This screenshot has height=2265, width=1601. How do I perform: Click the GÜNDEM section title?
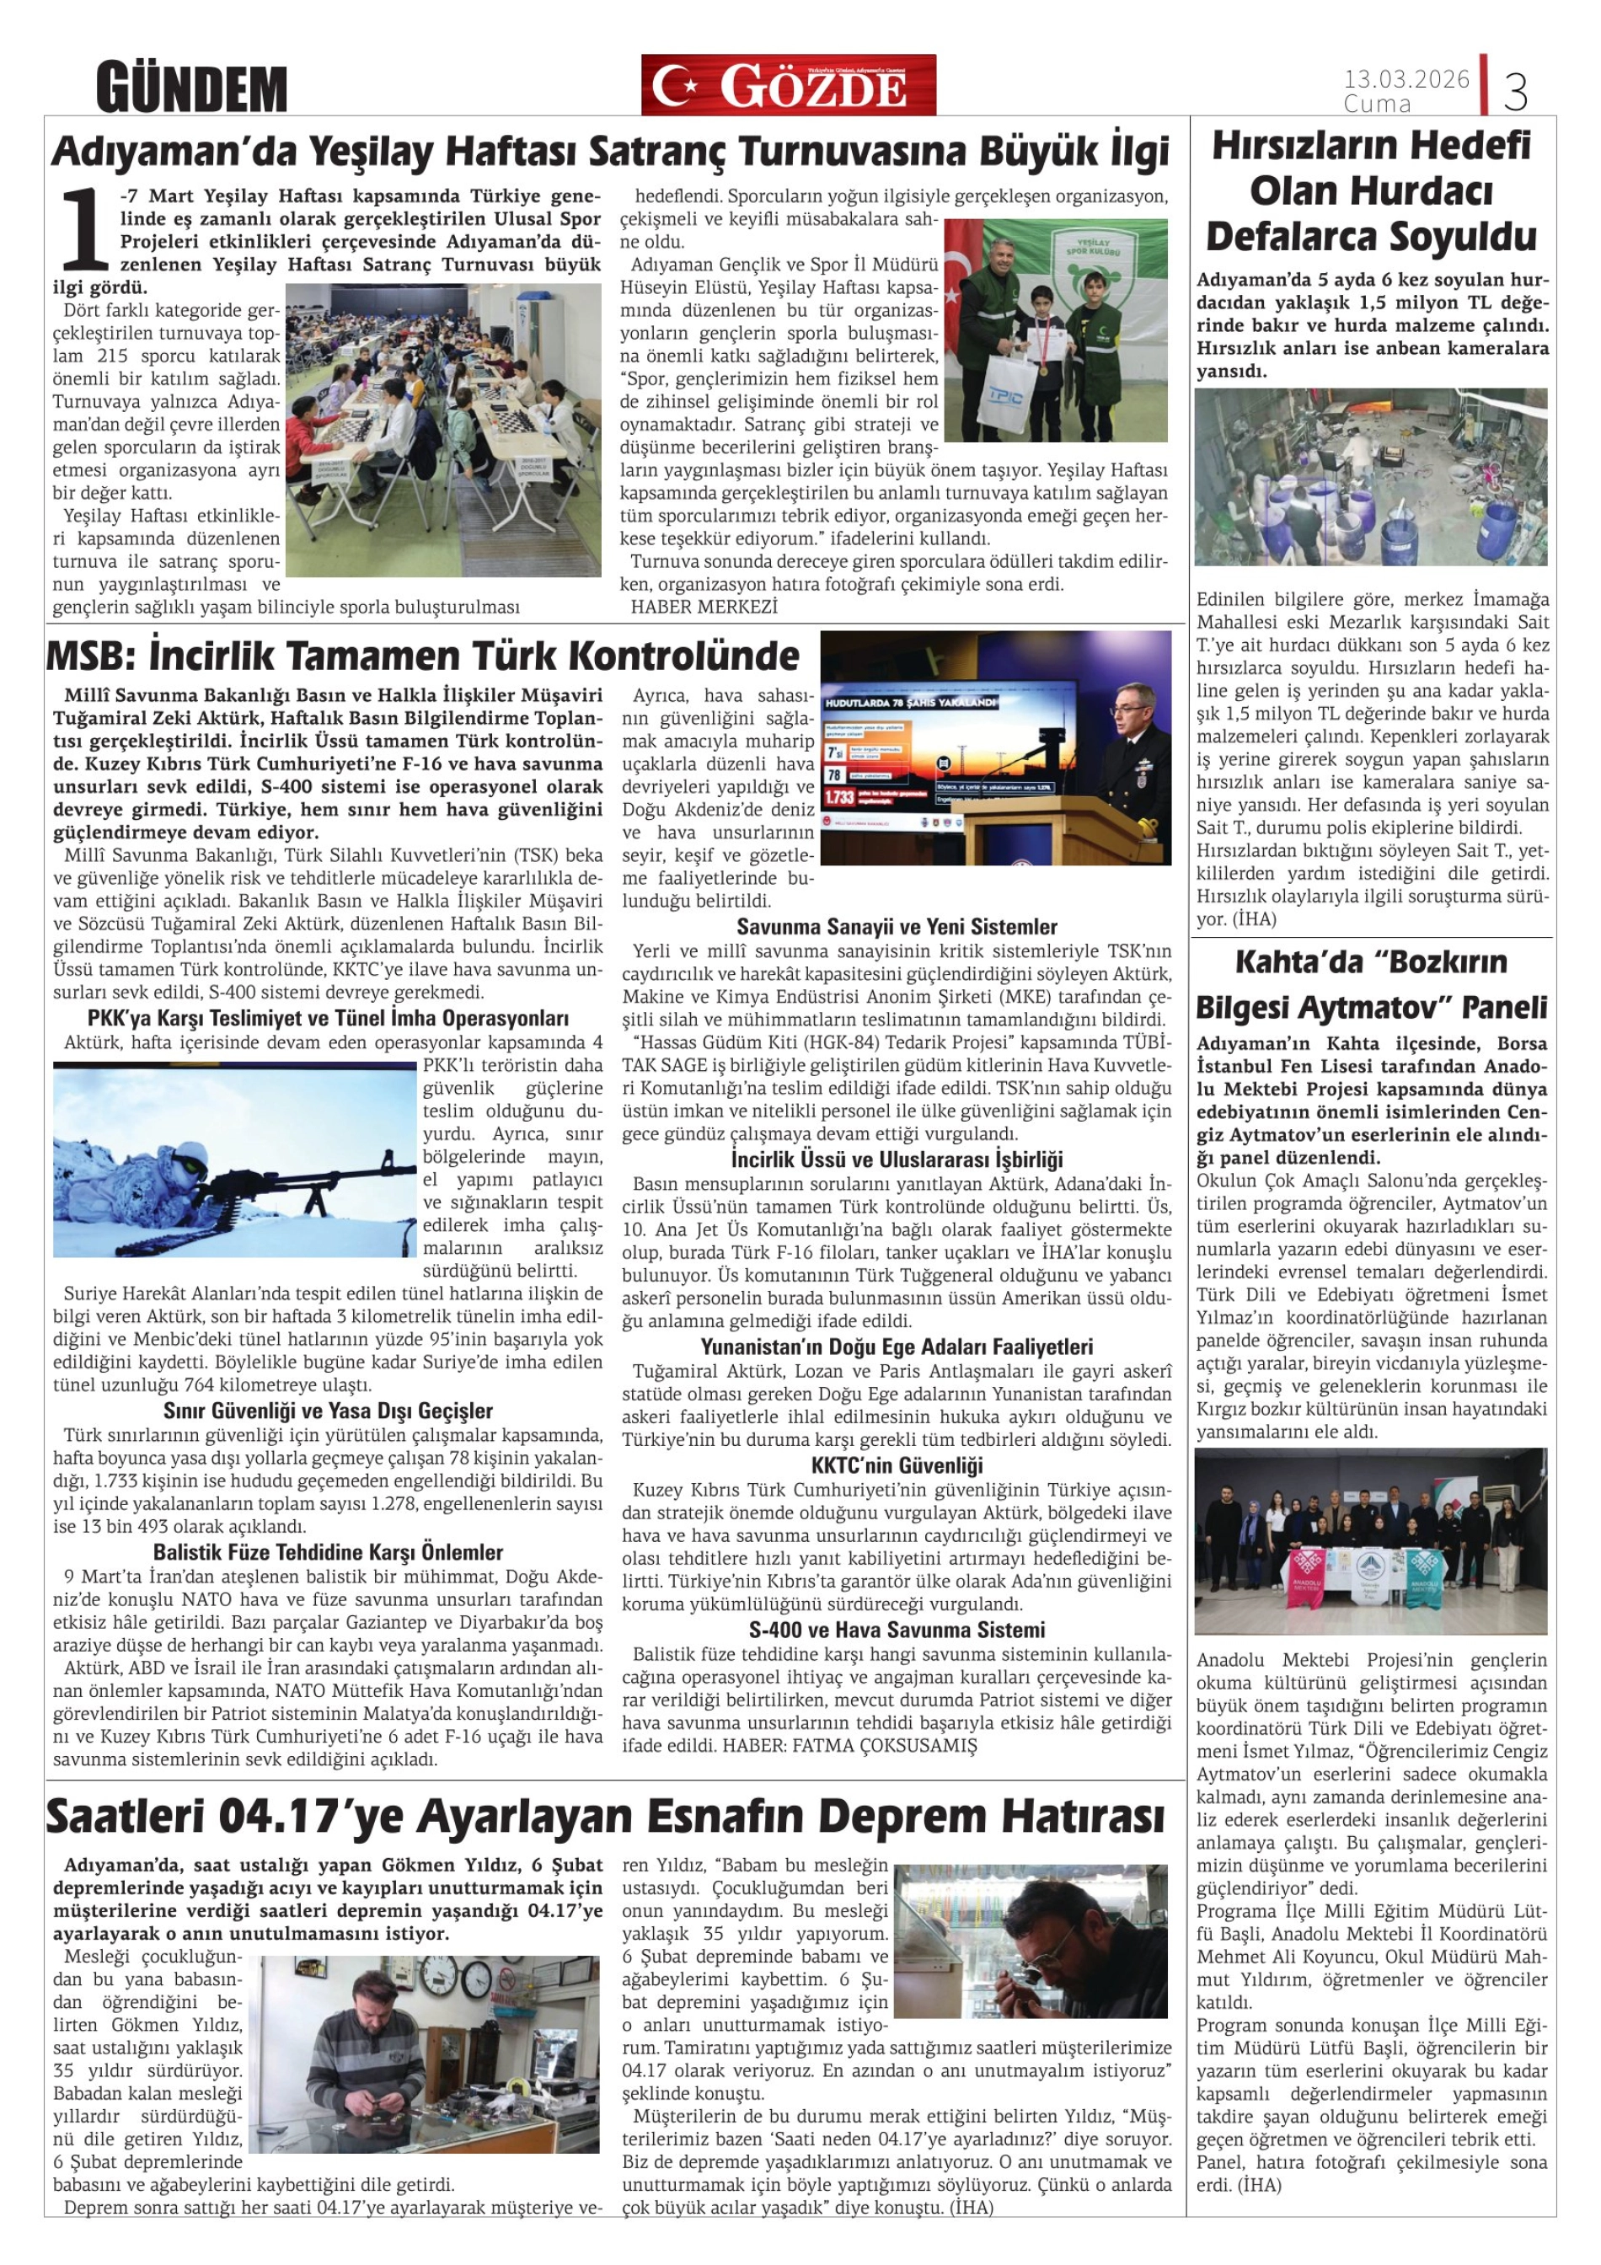pyautogui.click(x=191, y=88)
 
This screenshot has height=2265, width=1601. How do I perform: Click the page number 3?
pyautogui.click(x=1515, y=92)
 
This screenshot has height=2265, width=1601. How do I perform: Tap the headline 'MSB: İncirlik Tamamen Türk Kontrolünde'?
pyautogui.click(x=423, y=656)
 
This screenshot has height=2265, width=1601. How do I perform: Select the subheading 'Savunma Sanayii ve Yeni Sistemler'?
pyautogui.click(x=896, y=926)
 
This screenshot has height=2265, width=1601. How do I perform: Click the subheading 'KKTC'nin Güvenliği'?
pyautogui.click(x=897, y=1465)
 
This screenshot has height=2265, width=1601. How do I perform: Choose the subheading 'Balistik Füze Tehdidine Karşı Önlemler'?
pyautogui.click(x=328, y=1552)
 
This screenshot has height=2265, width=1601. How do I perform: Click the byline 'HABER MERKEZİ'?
pyautogui.click(x=704, y=607)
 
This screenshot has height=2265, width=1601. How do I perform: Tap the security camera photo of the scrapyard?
pyautogui.click(x=1370, y=476)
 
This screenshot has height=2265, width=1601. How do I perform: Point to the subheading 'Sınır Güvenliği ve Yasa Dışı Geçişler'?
pyautogui.click(x=328, y=1411)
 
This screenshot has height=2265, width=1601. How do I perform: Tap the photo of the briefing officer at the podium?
pyautogui.click(x=995, y=747)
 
